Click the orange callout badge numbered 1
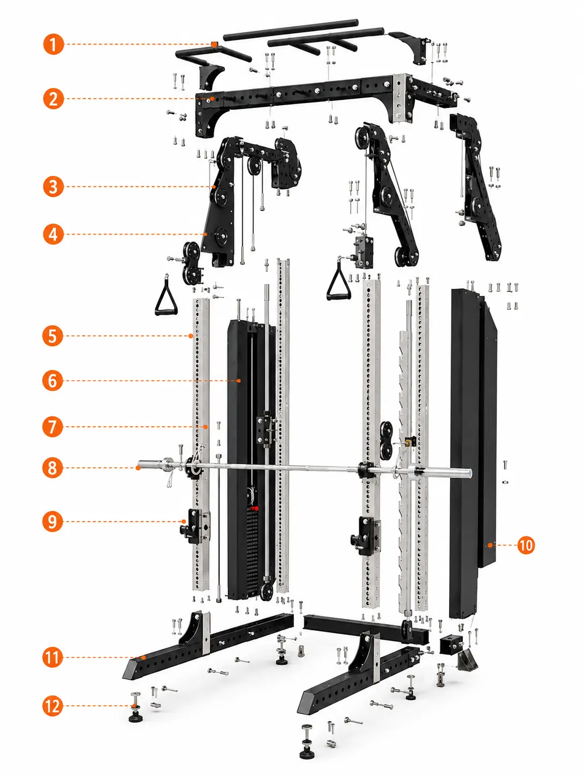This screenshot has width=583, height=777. [x=54, y=45]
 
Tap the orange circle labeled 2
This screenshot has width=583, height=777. [x=54, y=98]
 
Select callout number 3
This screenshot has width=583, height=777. [x=54, y=187]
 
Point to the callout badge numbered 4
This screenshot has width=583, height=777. [x=53, y=234]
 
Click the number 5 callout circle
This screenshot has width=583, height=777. [x=53, y=335]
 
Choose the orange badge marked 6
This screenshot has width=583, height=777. [x=53, y=380]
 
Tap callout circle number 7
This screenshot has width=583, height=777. [x=53, y=427]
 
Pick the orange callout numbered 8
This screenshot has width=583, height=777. [x=53, y=467]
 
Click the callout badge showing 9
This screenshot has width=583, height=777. [x=53, y=522]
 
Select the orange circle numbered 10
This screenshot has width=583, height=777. [x=526, y=545]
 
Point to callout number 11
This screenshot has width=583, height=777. [x=53, y=657]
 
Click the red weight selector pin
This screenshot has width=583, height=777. [x=254, y=509]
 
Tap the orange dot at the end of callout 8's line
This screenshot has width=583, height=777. [x=138, y=467]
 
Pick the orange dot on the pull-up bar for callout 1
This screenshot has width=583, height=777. [x=214, y=44]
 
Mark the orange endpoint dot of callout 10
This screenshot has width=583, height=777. [x=490, y=545]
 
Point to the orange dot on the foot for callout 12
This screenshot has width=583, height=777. [x=134, y=706]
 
